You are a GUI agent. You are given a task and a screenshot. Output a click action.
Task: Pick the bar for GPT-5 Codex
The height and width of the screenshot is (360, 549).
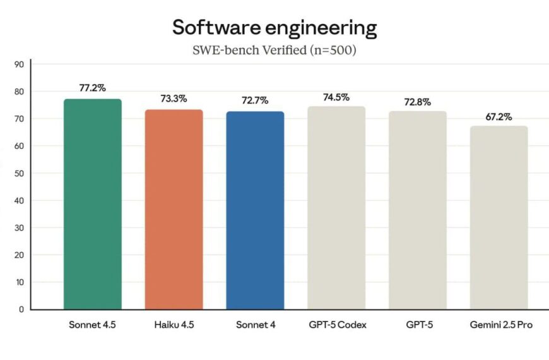click(336, 208)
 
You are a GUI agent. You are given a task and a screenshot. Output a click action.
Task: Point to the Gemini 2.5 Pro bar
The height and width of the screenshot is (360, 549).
click(499, 217)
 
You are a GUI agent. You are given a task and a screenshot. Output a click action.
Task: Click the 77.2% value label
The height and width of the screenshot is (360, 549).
click(92, 88)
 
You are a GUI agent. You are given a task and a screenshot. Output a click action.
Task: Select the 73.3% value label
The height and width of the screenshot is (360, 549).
click(174, 99)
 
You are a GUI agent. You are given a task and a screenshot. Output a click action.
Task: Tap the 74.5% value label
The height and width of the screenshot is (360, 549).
click(336, 97)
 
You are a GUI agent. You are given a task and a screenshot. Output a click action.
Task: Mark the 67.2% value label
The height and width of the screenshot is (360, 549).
click(499, 117)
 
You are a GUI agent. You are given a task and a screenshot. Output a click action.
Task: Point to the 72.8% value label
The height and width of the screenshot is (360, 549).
click(418, 102)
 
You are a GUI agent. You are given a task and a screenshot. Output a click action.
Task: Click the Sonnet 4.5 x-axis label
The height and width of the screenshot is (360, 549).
click(92, 325)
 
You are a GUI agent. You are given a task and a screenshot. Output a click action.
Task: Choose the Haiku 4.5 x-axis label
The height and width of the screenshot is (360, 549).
click(174, 325)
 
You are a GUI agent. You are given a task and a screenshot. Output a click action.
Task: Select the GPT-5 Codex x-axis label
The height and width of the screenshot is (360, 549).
click(336, 325)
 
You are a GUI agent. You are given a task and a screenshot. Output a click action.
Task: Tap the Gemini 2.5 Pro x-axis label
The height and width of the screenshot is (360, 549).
click(499, 325)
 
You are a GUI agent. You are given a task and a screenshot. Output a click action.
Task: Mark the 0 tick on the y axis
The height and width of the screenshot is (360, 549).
click(21, 309)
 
